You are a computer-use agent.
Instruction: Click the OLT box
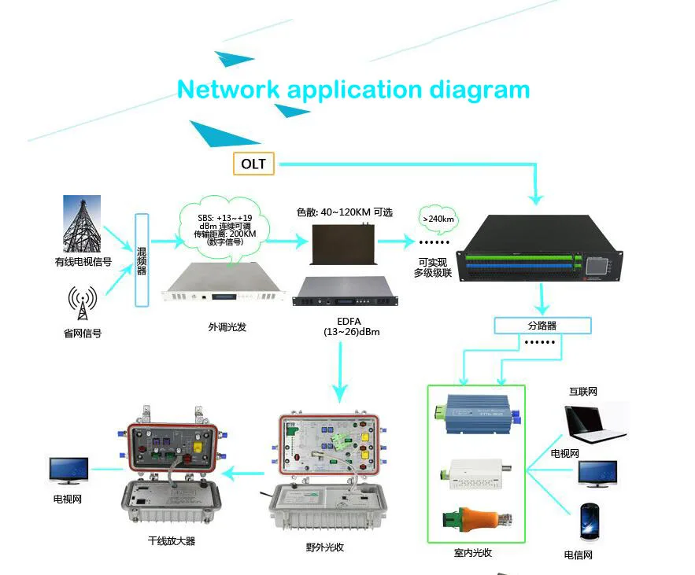pos(253,164)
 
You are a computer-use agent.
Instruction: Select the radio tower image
pos(81,223)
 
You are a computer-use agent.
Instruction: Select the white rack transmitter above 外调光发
pos(222,286)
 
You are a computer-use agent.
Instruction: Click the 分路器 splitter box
pos(542,324)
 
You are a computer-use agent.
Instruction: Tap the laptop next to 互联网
pos(596,426)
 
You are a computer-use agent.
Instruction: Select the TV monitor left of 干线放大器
pos(68,470)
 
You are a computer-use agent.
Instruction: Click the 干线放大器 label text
pos(171,541)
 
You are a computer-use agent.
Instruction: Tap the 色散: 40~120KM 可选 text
pos(344,212)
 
